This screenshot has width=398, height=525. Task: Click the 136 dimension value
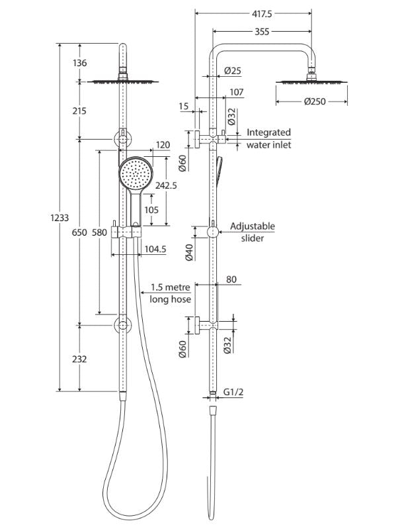coord(79,64)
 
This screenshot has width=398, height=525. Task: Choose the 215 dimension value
coord(79,111)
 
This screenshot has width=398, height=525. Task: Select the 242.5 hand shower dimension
coord(165,186)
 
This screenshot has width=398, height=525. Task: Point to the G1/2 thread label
coord(233,392)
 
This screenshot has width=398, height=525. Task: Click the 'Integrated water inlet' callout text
coord(268,138)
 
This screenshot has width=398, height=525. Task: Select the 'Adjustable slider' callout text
coord(253,232)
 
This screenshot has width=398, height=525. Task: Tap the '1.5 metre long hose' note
coord(171,293)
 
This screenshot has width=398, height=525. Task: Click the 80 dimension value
coord(232,279)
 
